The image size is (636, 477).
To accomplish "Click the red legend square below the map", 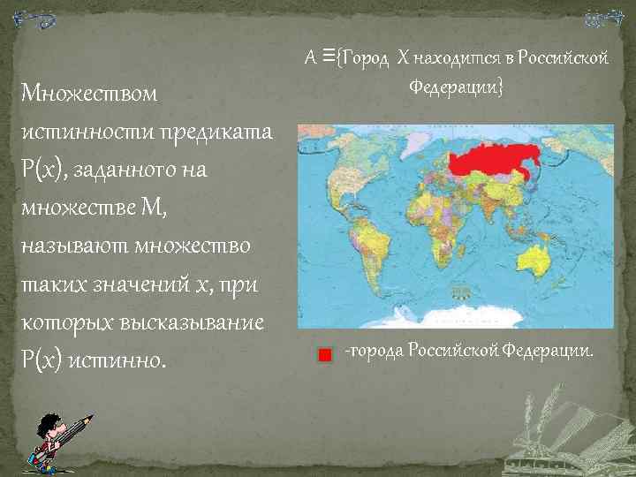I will point(324,355).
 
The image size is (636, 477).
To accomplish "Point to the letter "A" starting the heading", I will point(310,59).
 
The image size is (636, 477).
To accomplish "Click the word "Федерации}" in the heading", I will point(456,87).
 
